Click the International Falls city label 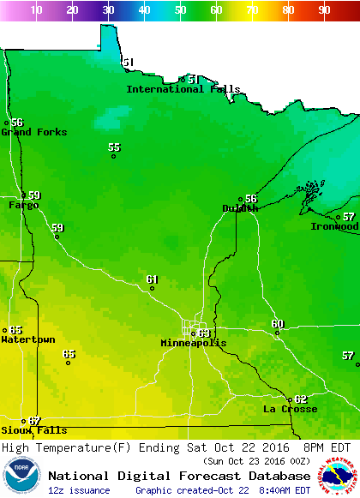pos(183,89)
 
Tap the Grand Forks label pos(28,132)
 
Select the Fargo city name pos(24,205)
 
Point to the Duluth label pos(240,207)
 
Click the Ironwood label pos(334,226)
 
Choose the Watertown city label pos(28,339)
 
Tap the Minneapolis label pos(194,343)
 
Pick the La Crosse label pos(290,409)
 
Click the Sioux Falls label pos(33,430)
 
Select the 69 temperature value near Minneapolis pos(204,333)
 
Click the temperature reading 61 pos(153,279)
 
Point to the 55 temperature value pos(114,147)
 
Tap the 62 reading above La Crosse pos(300,399)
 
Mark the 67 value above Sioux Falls pos(34,421)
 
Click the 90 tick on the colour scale pos(325,9)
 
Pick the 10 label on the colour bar pos(37,9)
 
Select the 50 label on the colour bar pos(181,9)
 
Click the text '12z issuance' pos(79,490)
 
